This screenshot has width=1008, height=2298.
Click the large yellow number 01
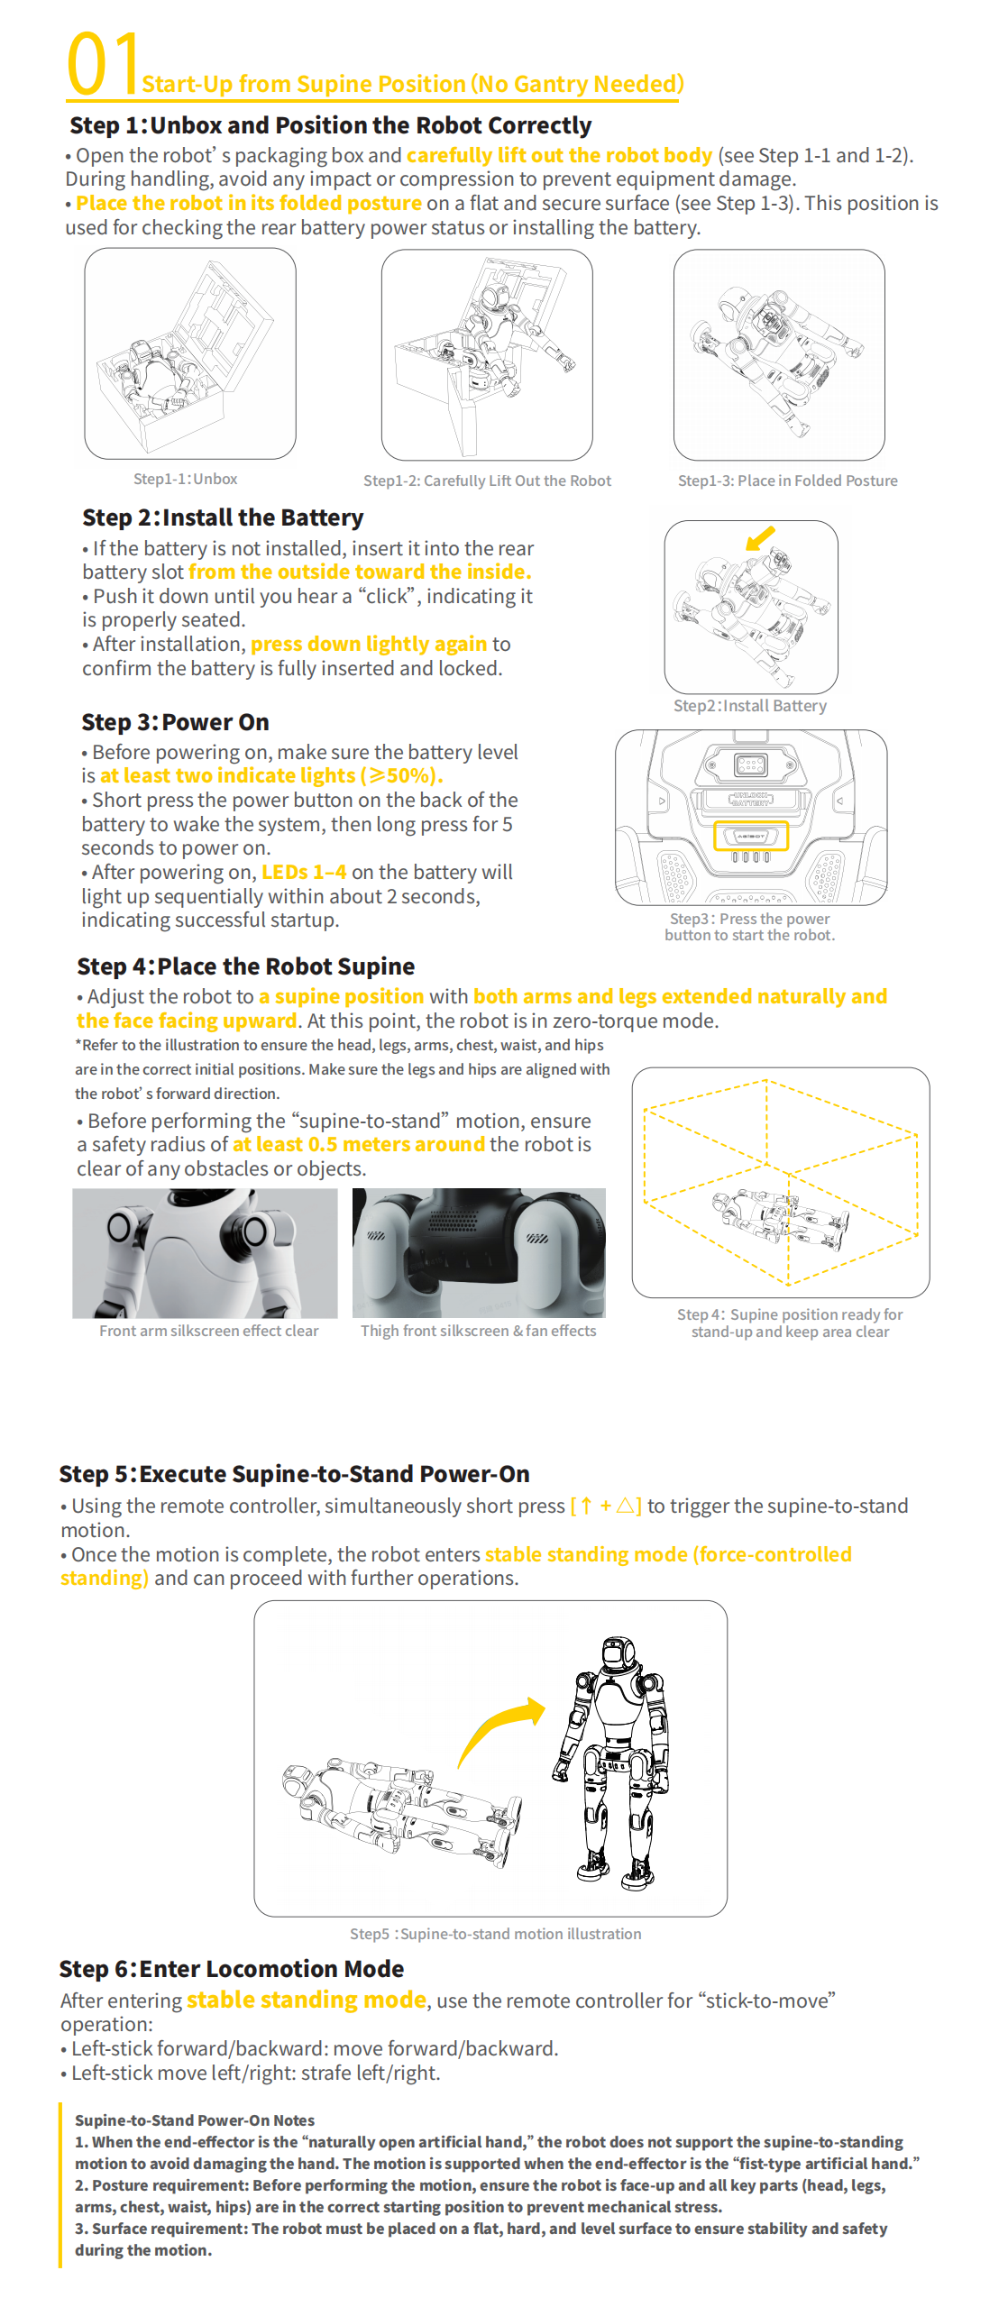point(102,64)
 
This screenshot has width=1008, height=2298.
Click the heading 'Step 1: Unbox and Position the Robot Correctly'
point(330,125)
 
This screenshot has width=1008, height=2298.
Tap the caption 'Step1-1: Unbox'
point(186,479)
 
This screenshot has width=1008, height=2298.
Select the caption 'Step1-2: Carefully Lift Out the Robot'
point(487,481)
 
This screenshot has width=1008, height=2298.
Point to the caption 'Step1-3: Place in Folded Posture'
point(787,481)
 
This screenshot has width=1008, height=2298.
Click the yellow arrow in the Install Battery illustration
point(760,538)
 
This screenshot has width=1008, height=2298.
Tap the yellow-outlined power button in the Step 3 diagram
point(750,836)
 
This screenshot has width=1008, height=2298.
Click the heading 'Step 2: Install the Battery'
point(223,517)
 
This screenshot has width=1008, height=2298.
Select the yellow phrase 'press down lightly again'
point(368,644)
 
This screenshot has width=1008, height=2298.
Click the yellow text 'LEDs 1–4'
point(304,872)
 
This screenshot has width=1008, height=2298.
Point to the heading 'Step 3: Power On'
point(175,722)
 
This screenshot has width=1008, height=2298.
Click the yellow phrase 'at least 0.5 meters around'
point(359,1144)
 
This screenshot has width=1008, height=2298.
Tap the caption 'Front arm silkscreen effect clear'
point(208,1331)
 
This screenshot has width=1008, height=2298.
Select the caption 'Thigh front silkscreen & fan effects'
point(478,1331)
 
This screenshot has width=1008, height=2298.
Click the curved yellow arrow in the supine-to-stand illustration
point(499,1724)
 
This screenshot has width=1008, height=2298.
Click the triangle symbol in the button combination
point(625,1506)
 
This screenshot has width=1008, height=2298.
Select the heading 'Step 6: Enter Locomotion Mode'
point(231,1969)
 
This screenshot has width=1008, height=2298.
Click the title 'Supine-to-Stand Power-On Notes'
point(195,2120)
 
